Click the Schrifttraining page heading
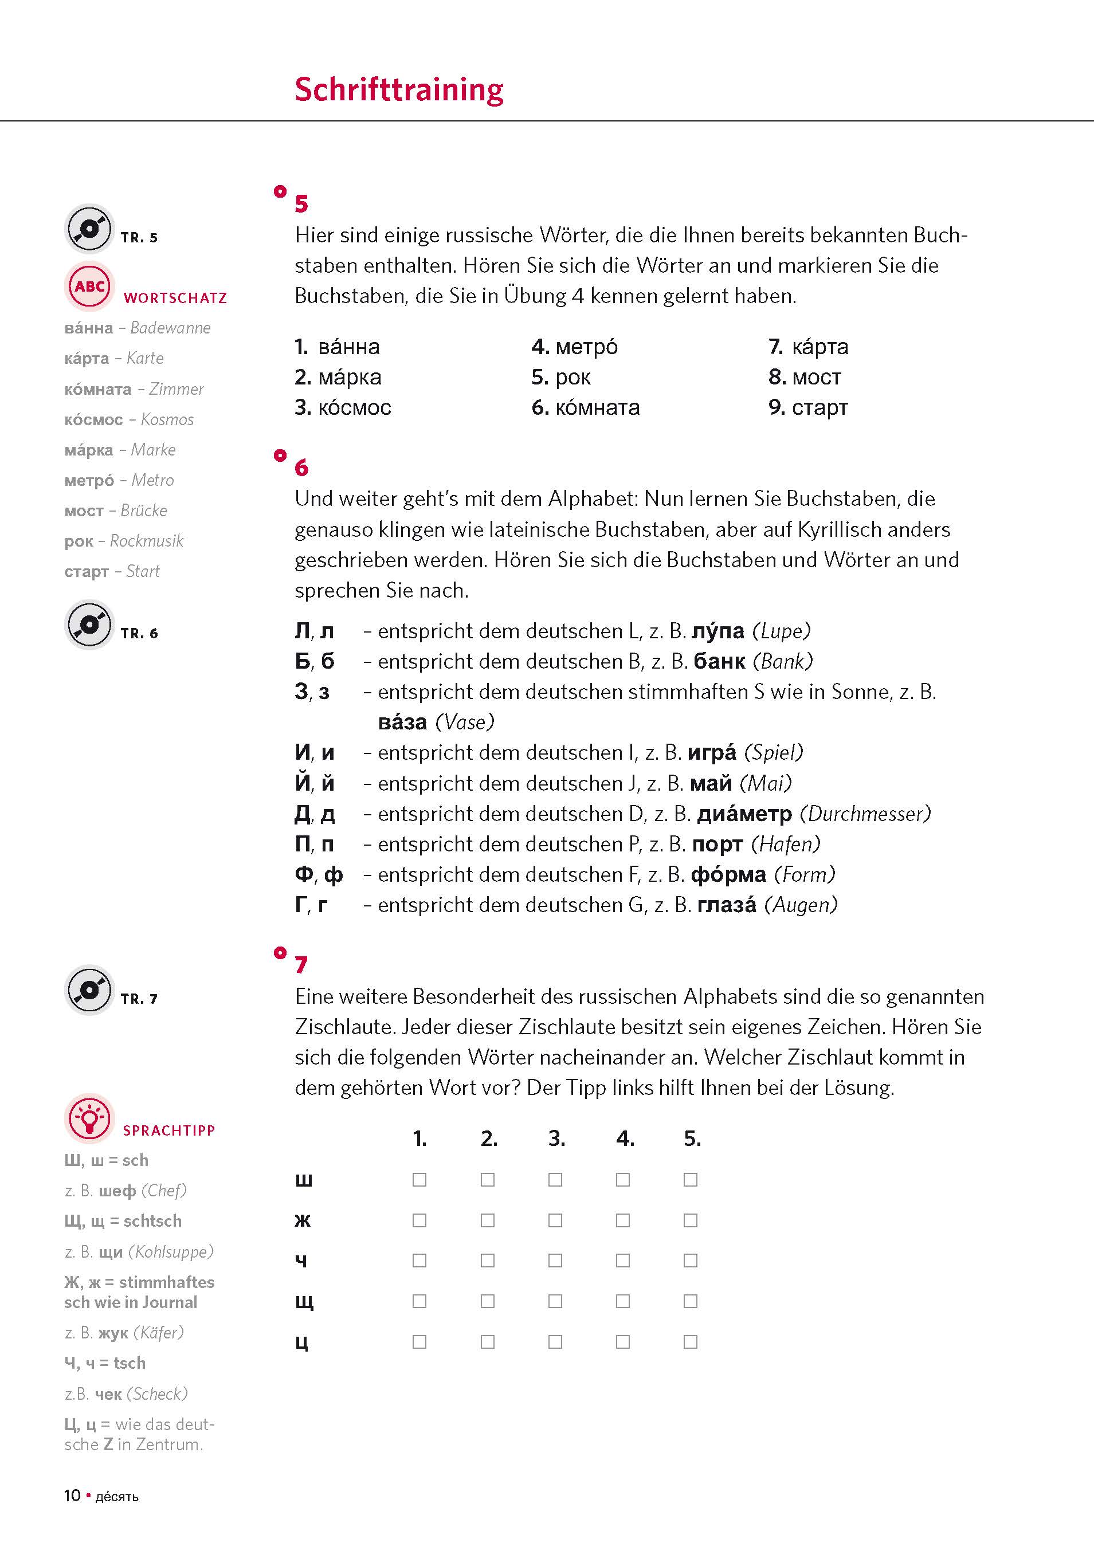[399, 89]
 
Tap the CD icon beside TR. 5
[89, 229]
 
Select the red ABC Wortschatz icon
[89, 286]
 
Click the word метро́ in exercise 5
[586, 347]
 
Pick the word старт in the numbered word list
[819, 407]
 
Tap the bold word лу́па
[718, 631]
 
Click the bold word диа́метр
[744, 814]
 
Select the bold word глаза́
[727, 905]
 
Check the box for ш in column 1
[419, 1180]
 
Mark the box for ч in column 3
[555, 1261]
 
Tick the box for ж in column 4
[623, 1220]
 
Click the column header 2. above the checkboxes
[489, 1138]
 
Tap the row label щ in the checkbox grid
[304, 1302]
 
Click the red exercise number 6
[301, 468]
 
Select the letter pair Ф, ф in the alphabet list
[318, 874]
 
